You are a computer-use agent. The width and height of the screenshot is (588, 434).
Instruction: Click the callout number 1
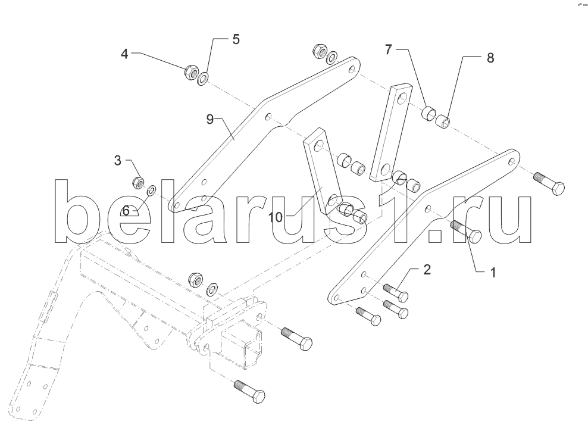click(493, 273)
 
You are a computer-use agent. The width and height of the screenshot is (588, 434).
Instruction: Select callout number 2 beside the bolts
click(427, 269)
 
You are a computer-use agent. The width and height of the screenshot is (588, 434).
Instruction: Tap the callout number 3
click(118, 161)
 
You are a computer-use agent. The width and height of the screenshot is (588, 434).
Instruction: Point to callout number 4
click(124, 54)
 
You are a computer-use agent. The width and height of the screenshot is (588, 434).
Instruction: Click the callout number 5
click(236, 39)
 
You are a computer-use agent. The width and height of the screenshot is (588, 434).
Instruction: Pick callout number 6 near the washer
click(126, 211)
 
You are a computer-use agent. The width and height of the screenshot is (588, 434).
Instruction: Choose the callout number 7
click(388, 49)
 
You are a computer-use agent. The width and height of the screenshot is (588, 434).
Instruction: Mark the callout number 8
click(490, 58)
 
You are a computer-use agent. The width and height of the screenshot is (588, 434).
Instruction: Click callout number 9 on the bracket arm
click(209, 119)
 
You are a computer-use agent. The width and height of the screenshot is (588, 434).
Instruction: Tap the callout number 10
click(275, 217)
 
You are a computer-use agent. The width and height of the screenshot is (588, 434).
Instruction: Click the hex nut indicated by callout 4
click(190, 72)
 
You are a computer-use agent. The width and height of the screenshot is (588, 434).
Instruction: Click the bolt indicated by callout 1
click(465, 230)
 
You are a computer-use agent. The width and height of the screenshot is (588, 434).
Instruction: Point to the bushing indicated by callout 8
click(443, 122)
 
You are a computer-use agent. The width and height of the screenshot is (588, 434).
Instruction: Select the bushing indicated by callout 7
click(429, 113)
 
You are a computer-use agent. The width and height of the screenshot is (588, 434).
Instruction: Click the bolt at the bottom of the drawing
click(250, 392)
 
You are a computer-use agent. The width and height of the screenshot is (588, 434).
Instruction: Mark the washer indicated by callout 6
click(152, 190)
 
